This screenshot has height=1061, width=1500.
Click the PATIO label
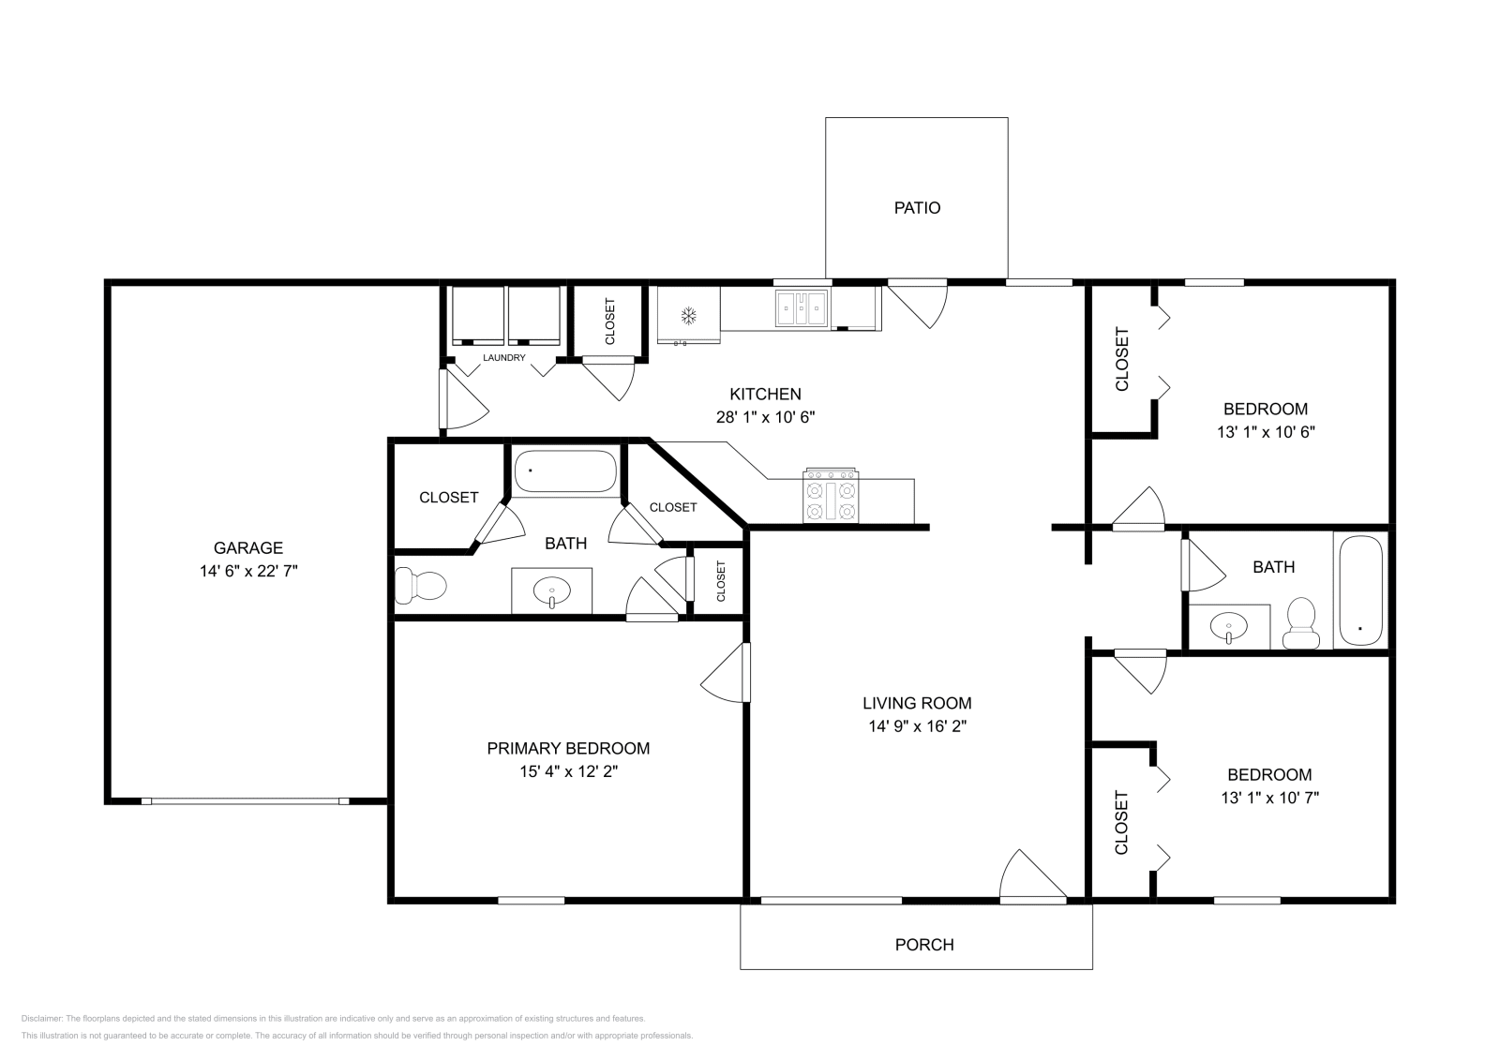point(917,208)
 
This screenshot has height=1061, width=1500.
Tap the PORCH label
point(924,945)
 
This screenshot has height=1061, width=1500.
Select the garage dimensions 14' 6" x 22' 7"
point(248,571)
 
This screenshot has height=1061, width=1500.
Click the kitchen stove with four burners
point(830,496)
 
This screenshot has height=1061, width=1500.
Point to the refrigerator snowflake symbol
point(688,315)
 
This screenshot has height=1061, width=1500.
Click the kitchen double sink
point(802,306)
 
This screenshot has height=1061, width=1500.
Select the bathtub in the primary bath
point(565,471)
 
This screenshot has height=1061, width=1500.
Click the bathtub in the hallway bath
point(1360,590)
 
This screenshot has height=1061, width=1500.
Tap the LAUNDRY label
point(504,358)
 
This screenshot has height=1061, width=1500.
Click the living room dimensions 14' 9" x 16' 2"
point(917,725)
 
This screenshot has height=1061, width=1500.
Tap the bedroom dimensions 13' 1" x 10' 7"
point(1269,798)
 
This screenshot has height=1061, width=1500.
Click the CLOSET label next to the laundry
point(610,321)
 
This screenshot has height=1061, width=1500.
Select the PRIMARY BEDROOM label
point(568,748)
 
